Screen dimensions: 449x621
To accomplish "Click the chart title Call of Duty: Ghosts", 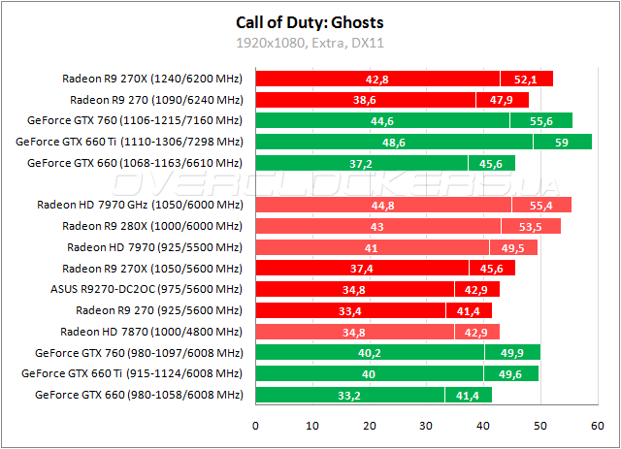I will [x=309, y=22].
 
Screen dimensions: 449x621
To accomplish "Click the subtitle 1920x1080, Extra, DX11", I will [x=309, y=43].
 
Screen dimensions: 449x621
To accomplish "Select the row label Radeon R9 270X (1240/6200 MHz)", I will [x=152, y=79].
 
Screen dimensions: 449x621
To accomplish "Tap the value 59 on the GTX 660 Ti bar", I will [x=561, y=142].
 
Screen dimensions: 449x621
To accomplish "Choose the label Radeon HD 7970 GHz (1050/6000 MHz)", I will [x=140, y=205].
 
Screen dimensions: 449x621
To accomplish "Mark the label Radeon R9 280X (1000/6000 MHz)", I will [x=152, y=226].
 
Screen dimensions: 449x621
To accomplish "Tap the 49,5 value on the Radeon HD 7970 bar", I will [x=513, y=247].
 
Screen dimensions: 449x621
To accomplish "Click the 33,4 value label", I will [x=350, y=310].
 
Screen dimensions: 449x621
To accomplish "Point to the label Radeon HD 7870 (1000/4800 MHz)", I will [x=151, y=332].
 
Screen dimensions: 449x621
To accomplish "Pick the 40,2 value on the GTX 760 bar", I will [x=370, y=352].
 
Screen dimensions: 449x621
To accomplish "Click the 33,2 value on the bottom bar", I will [x=349, y=395].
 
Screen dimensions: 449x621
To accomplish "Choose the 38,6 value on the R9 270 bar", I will [x=365, y=100].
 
